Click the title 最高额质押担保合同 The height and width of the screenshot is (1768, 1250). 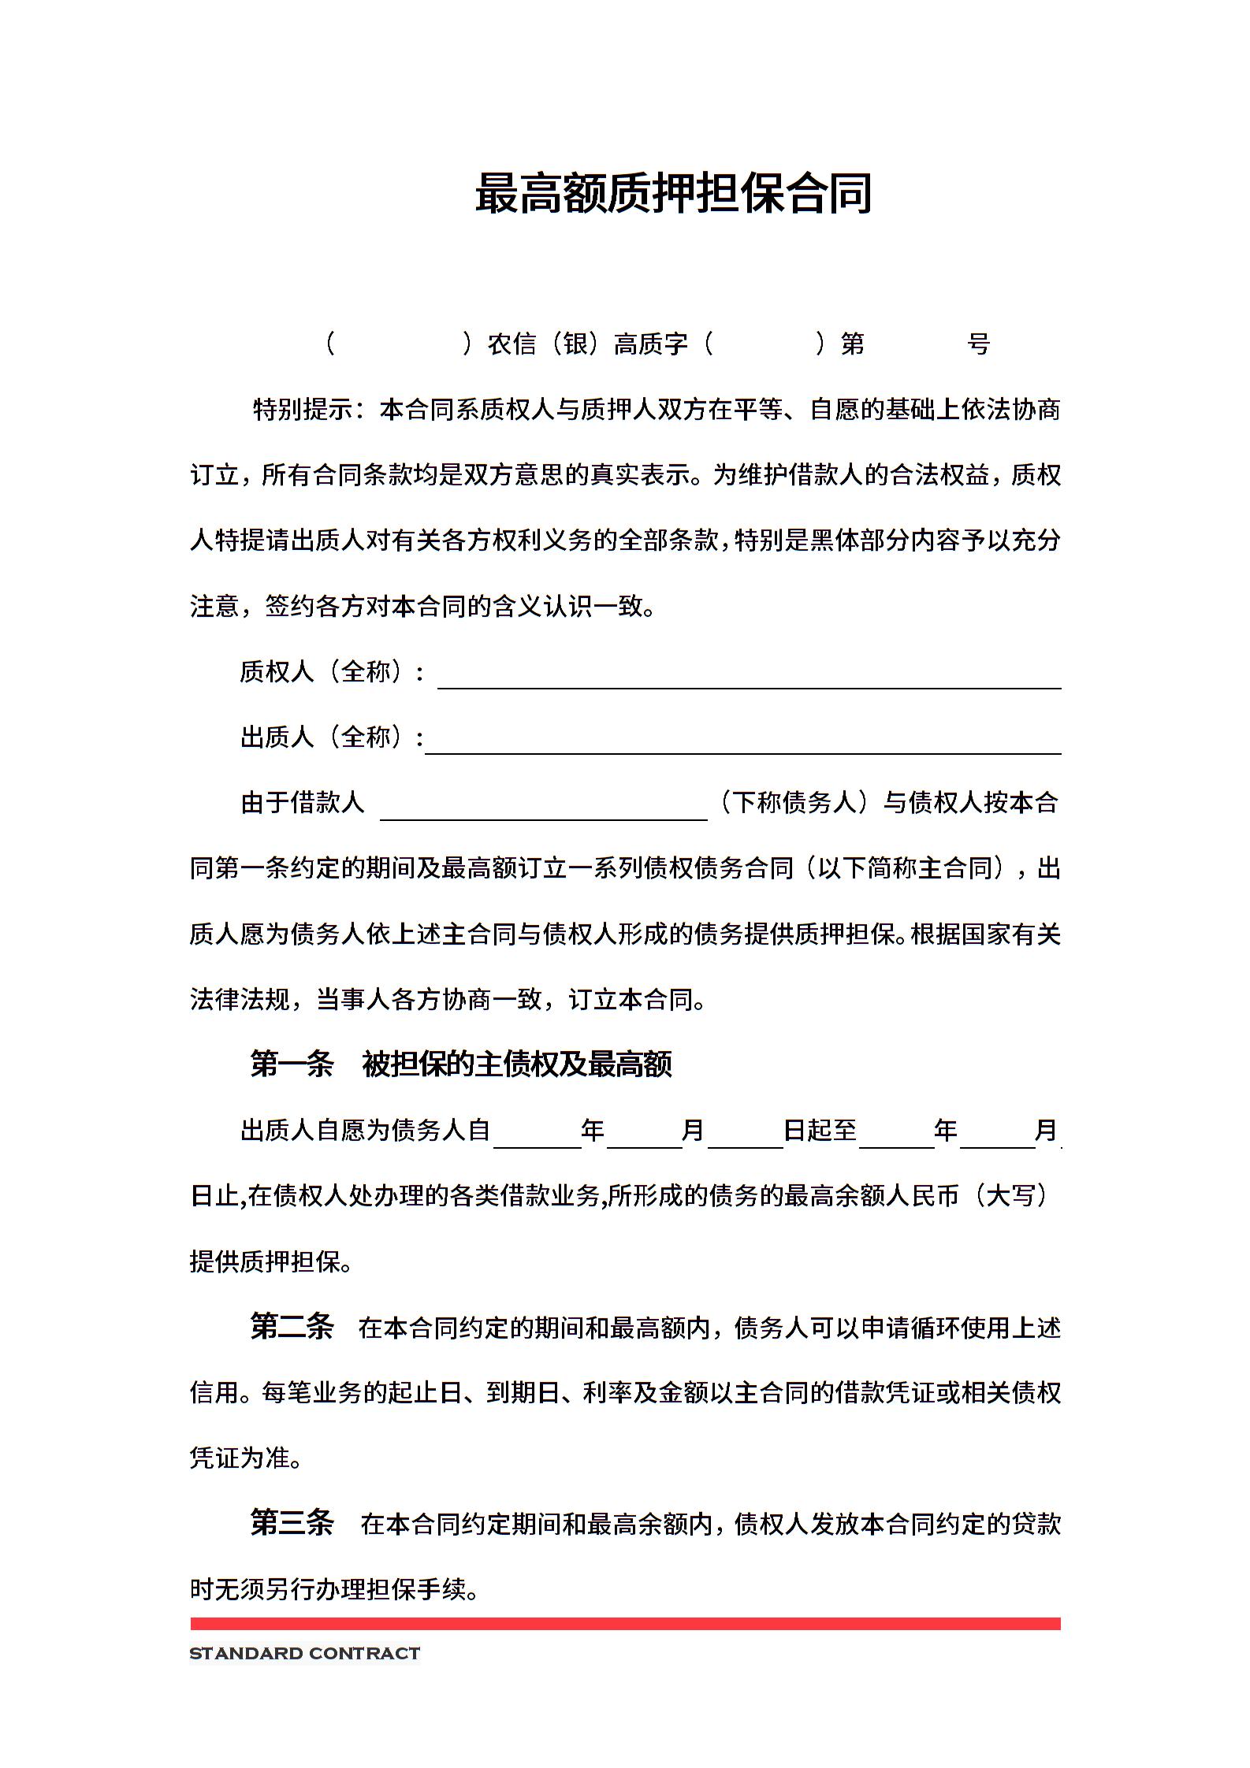click(673, 194)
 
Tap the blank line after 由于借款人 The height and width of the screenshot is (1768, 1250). click(543, 810)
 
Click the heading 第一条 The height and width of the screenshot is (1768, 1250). click(292, 1064)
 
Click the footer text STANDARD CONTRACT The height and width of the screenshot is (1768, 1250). click(304, 1655)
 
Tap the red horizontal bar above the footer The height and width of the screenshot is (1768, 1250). click(625, 1624)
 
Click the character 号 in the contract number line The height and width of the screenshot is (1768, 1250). click(978, 344)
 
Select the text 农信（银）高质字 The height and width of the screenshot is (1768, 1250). click(588, 344)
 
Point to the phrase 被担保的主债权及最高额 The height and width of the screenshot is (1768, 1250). click(516, 1064)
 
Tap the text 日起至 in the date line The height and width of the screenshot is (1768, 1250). click(820, 1131)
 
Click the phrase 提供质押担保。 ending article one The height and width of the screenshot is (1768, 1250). click(270, 1261)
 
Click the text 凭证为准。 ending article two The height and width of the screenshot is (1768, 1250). click(246, 1458)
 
